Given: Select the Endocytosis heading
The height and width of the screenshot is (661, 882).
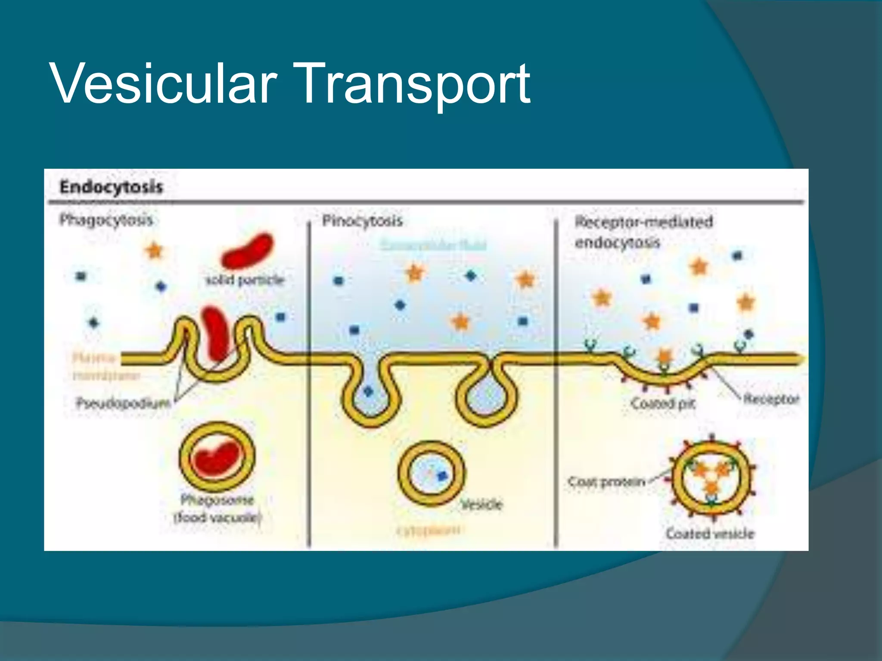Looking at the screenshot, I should (x=111, y=187).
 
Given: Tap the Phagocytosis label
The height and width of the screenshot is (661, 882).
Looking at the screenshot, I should (x=106, y=220).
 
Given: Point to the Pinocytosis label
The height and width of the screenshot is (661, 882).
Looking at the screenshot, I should (x=362, y=221).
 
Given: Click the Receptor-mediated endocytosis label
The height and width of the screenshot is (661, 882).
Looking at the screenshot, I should (x=643, y=232).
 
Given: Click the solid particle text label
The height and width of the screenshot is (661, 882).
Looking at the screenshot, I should (x=245, y=280).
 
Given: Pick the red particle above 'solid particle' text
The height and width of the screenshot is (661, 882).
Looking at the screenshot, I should (x=247, y=251).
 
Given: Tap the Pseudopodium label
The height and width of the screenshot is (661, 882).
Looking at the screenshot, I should (x=123, y=403).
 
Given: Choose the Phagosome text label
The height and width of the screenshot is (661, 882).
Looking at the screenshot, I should (x=217, y=500).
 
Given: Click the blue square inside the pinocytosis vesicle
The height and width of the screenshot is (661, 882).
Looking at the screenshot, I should (x=442, y=476).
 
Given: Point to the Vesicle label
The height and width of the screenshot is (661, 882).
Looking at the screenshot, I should (x=482, y=504).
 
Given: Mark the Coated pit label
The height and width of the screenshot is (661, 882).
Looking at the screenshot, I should (x=663, y=403).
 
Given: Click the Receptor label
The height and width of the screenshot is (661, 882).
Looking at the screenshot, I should (x=771, y=399).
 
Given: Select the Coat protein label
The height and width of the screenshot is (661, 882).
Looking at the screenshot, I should (x=607, y=482).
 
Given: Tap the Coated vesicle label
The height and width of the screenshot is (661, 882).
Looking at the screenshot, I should (x=710, y=534).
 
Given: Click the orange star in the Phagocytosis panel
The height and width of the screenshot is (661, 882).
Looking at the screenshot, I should (x=154, y=250).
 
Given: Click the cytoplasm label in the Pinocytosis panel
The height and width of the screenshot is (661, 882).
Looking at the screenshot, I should (x=429, y=530).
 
